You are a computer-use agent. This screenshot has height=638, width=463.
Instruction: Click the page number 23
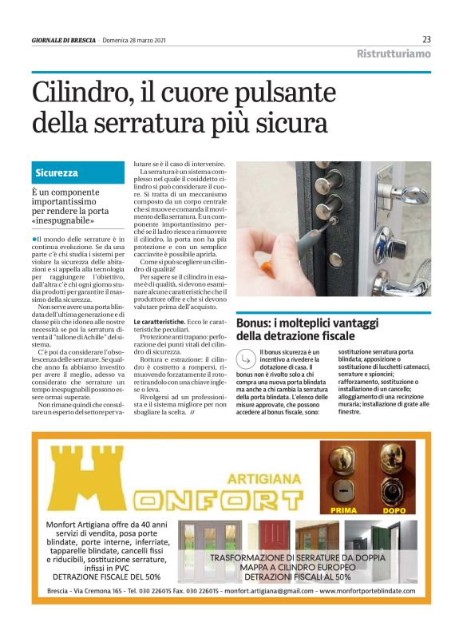click(426, 39)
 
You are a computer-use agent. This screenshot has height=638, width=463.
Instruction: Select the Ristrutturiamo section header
click(393, 54)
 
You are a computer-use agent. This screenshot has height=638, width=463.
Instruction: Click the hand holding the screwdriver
click(263, 256)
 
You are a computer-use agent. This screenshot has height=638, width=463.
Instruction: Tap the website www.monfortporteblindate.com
click(366, 591)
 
